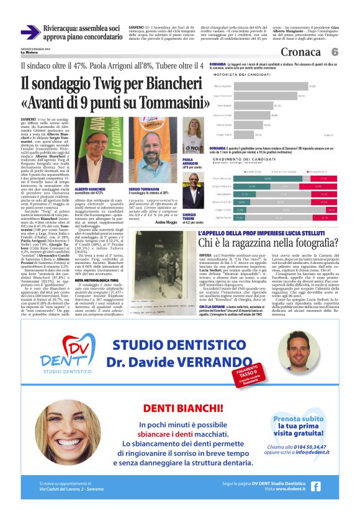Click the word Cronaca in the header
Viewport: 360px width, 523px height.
pyautogui.click(x=301, y=52)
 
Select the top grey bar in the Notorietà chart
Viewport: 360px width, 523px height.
pyautogui.click(x=272, y=86)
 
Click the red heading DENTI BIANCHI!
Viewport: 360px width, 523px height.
pyautogui.click(x=179, y=408)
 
